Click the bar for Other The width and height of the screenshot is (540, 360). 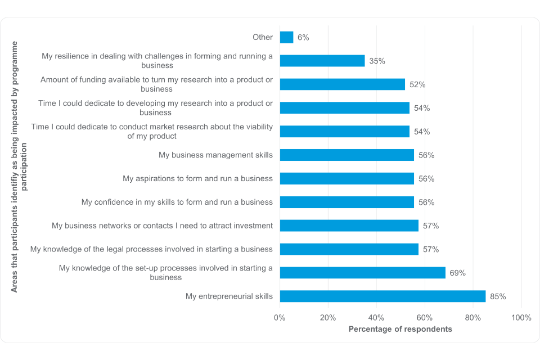click(286, 37)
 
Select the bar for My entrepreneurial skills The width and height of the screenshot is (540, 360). click(382, 296)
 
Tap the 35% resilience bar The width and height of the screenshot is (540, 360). click(322, 61)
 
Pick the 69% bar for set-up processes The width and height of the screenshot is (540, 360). click(362, 273)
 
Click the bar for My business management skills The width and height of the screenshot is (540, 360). click(346, 155)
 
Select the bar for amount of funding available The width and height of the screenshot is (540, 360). click(342, 84)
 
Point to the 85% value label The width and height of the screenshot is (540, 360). click(498, 296)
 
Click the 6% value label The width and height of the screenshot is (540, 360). click(303, 38)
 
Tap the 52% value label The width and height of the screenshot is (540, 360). click(417, 84)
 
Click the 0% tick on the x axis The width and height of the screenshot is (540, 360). click(280, 318)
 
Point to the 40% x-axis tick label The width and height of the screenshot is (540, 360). click(376, 318)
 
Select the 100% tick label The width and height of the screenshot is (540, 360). click(521, 318)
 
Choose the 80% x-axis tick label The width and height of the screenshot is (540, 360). click(473, 318)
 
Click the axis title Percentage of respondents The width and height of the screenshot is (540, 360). click(400, 329)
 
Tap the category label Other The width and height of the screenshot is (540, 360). click(263, 38)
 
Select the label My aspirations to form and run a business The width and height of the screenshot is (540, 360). click(197, 179)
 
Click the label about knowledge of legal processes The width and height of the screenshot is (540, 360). click(151, 249)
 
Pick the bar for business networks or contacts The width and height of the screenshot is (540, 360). click(349, 226)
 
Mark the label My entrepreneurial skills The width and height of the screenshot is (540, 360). click(229, 296)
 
